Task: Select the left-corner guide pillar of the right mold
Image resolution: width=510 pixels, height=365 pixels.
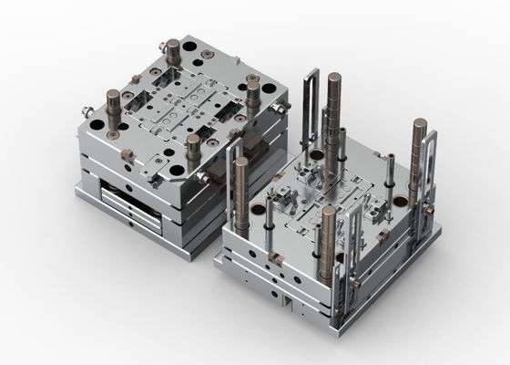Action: click(x=242, y=192)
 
